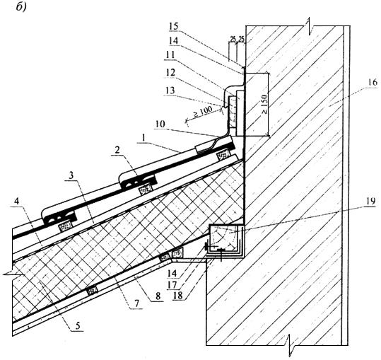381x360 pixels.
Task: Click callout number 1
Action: [143, 138]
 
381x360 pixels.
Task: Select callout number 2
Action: [117, 151]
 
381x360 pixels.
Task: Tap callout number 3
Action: [71, 176]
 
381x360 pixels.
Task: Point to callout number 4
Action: [16, 202]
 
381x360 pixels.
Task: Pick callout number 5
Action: [78, 326]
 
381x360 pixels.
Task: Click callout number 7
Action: [136, 303]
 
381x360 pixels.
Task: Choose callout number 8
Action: [158, 296]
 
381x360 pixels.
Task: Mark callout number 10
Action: [160, 124]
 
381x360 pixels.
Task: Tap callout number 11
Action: [170, 55]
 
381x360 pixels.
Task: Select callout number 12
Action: [170, 72]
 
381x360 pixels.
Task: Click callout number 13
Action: [170, 91]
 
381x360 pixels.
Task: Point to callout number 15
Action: [174, 26]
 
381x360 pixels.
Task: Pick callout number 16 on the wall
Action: [373, 83]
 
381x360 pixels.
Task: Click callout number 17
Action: [172, 285]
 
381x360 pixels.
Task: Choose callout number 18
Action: [177, 296]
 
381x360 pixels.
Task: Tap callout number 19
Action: [370, 202]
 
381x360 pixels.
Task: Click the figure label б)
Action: [21, 7]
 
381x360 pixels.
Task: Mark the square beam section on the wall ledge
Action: [226, 240]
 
